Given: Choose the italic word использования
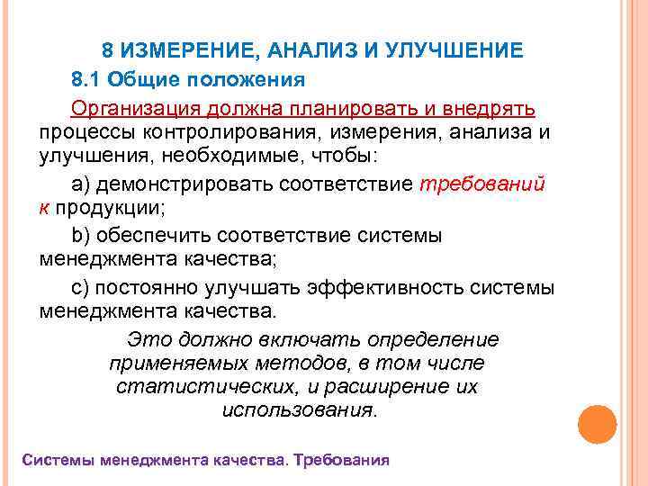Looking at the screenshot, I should coord(297,411).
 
